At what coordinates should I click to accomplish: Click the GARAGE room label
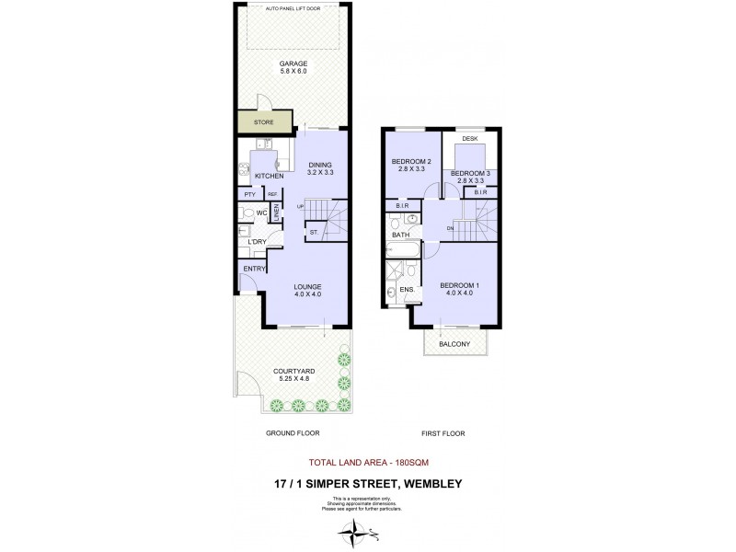[293, 64]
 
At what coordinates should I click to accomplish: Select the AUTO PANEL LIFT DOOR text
[293, 8]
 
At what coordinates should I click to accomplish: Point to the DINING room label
[320, 166]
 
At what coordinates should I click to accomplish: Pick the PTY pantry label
[248, 195]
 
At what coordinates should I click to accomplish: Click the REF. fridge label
[272, 195]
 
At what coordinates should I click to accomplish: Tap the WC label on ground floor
[261, 213]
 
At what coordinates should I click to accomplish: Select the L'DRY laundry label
[257, 242]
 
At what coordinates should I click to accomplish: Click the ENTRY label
[254, 269]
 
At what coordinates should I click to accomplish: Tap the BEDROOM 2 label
[406, 163]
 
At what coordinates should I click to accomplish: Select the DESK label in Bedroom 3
[469, 139]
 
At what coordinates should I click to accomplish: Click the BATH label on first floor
[401, 236]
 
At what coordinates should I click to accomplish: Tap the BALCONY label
[454, 344]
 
